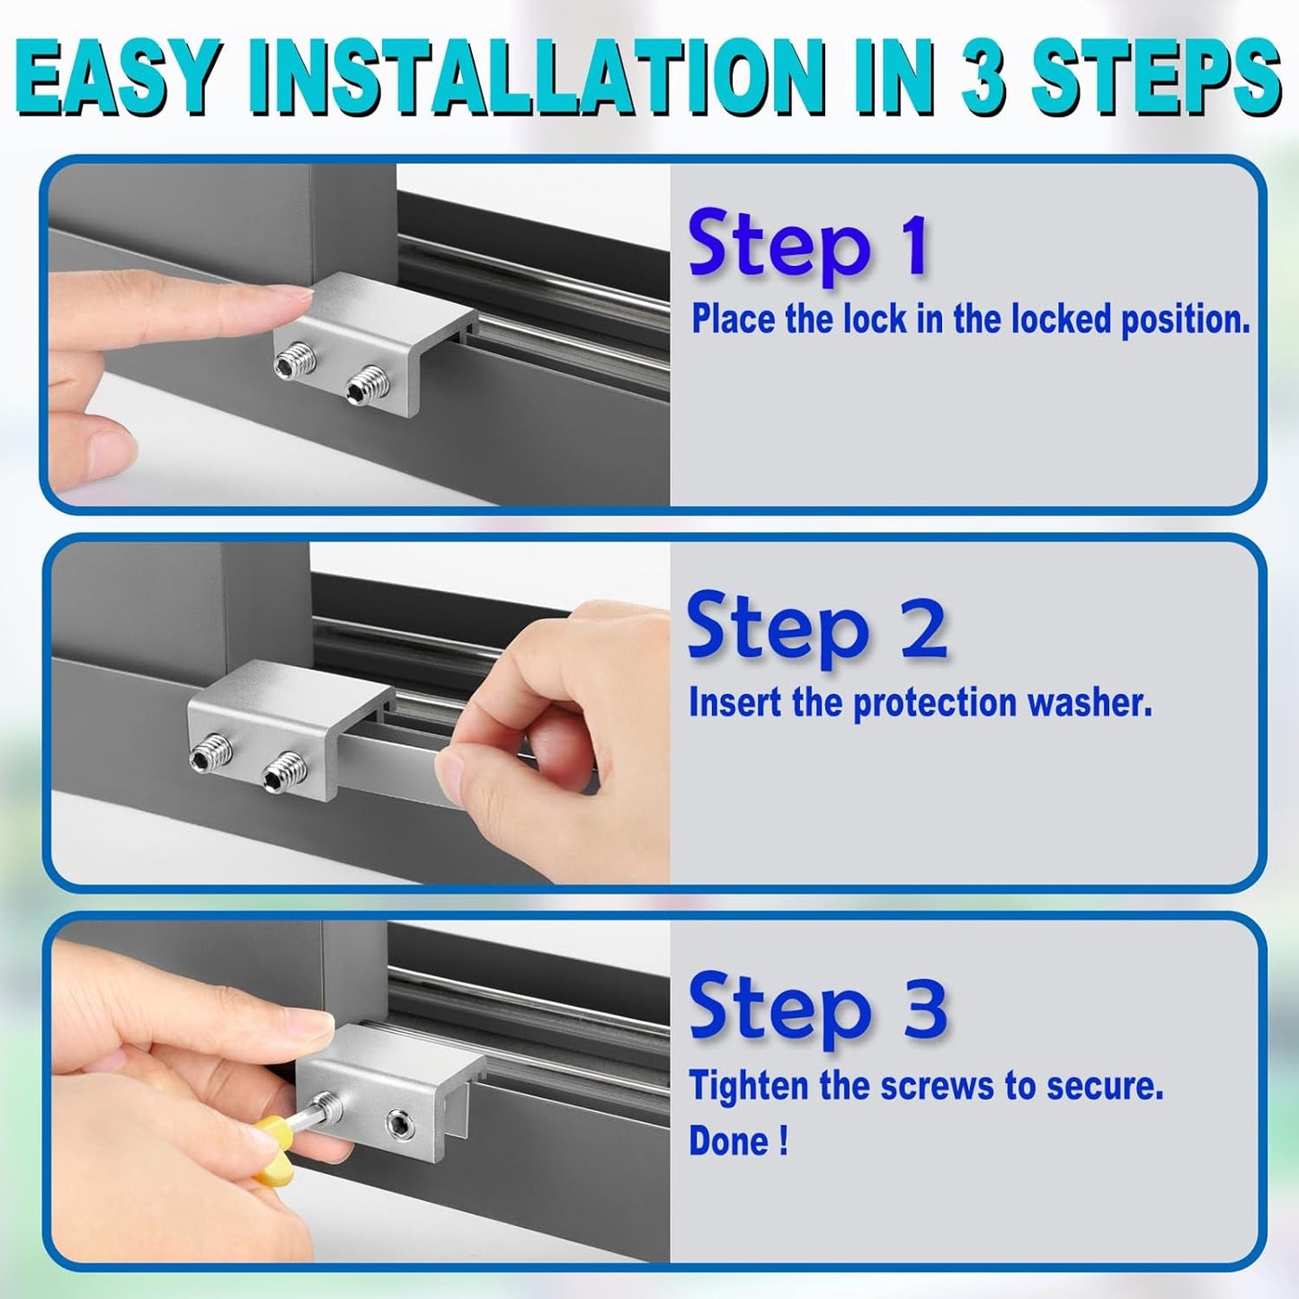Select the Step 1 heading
[x=808, y=245]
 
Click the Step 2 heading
[x=816, y=627]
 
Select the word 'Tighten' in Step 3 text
[x=749, y=1086]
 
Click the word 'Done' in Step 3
[x=729, y=1142]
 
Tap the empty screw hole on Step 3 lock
[x=399, y=1123]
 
